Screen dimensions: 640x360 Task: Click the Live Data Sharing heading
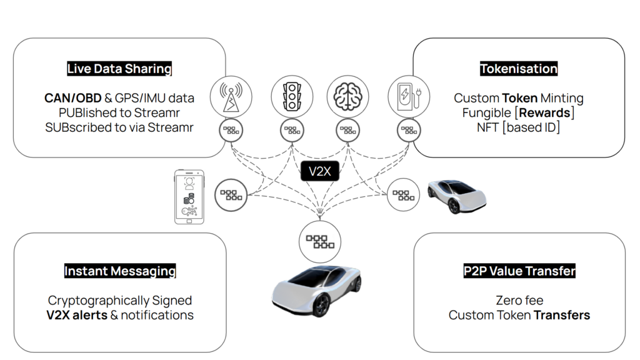pos(119,69)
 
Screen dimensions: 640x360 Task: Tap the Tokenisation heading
pos(518,69)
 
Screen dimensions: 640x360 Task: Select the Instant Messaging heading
pos(120,271)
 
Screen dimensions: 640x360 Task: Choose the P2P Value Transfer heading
pos(519,271)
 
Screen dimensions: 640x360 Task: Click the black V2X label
pos(319,171)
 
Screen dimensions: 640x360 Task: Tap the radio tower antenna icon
pos(231,97)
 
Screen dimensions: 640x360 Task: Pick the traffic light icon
pos(292,97)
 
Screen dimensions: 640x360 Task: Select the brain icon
pos(347,97)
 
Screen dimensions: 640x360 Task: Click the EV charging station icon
pos(409,97)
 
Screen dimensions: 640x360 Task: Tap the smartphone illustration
pos(189,197)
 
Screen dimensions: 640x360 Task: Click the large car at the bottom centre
pos(317,291)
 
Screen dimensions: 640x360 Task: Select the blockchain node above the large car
pos(319,242)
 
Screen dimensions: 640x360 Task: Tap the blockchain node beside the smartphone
pos(231,195)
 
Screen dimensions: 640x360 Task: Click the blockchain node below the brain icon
pos(347,131)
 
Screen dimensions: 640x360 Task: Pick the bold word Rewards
pos(544,112)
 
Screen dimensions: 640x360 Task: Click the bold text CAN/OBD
pos(72,98)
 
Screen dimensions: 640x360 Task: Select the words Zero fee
pos(519,301)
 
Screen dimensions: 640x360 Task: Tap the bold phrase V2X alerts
pos(77,315)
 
